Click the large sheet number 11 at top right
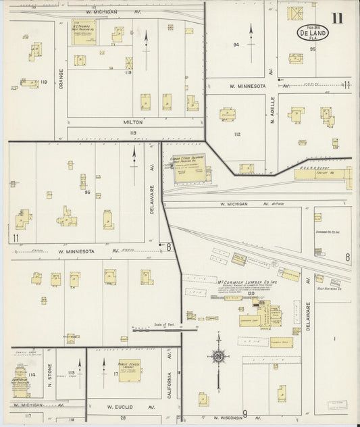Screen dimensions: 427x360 [336, 18]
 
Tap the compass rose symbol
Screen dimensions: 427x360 [218, 355]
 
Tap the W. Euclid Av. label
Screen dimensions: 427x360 [126, 408]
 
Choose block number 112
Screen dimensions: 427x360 [237, 134]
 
